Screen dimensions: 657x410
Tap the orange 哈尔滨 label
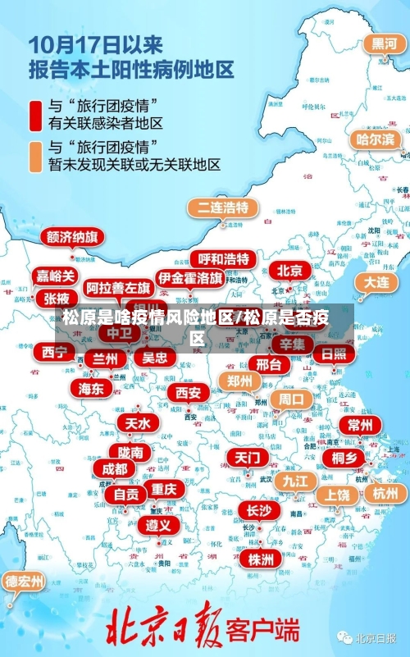click(375, 139)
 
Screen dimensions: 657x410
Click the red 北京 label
click(289, 270)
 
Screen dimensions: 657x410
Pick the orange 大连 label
click(376, 281)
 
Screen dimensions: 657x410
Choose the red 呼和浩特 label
click(223, 258)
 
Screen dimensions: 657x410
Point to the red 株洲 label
click(261, 536)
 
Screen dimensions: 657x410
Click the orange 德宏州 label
click(25, 582)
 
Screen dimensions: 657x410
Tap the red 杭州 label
click(385, 493)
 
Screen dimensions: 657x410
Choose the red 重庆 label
click(164, 489)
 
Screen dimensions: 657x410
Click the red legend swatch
click(35, 115)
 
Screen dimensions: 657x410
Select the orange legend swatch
click(35, 156)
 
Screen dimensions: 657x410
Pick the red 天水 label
click(137, 423)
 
